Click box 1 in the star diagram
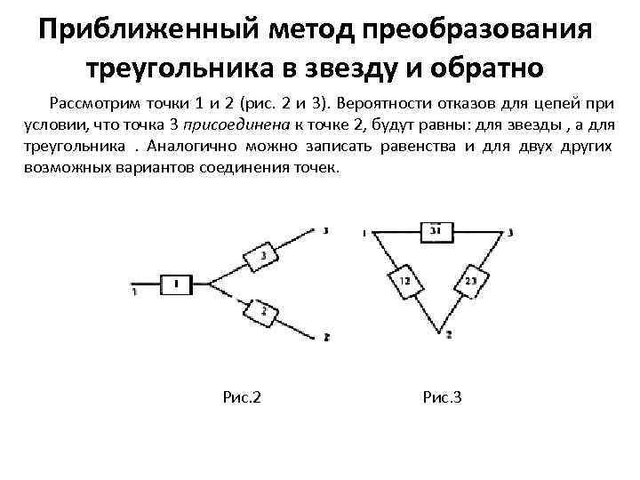176,284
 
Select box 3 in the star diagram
263,259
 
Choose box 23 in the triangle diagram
469,283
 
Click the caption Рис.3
442,396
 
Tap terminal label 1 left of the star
133,291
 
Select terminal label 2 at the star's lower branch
326,338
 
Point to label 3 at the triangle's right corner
510,233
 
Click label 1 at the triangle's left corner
365,233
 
